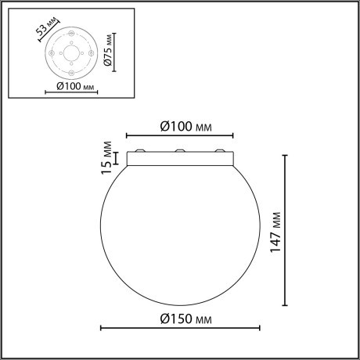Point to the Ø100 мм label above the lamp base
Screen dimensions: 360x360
click(185, 125)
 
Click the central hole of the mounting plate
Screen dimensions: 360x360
click(71, 53)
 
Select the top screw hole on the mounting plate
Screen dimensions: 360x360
click(71, 34)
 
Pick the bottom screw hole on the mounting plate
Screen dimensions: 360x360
click(71, 73)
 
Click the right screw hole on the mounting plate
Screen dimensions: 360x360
click(91, 53)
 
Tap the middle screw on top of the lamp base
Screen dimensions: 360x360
click(179, 151)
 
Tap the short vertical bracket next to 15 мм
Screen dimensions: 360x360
click(117, 159)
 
